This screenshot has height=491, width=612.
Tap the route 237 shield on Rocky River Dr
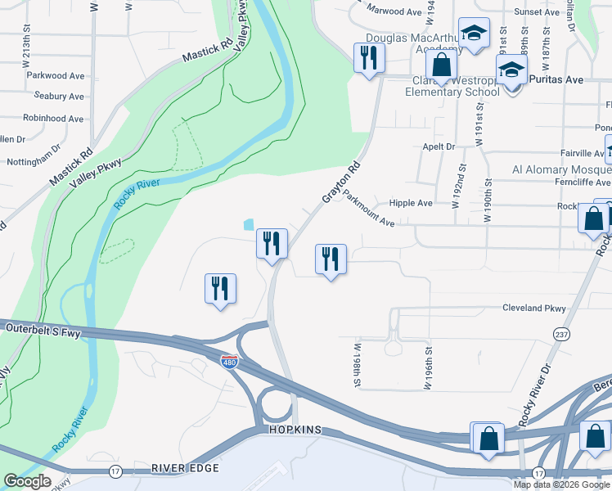pos(561,335)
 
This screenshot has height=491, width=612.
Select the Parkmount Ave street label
pos(369,209)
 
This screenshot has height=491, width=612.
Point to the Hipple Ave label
pos(411,203)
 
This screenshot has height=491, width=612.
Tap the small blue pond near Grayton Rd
pos(248,223)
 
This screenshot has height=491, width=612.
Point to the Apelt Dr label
pos(439,146)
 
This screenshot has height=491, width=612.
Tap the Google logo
pos(27,481)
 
